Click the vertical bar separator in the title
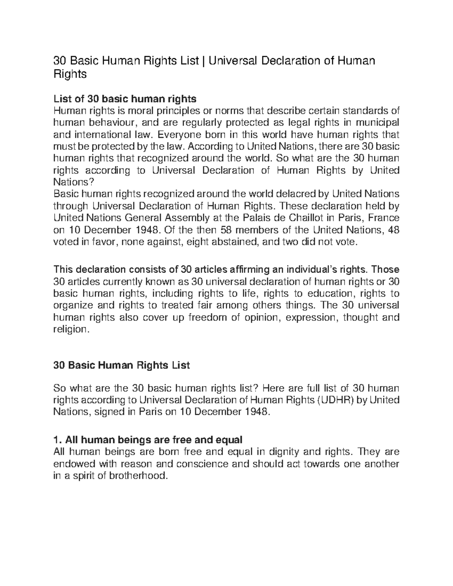click(204, 60)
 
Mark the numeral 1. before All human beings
click(57, 440)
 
